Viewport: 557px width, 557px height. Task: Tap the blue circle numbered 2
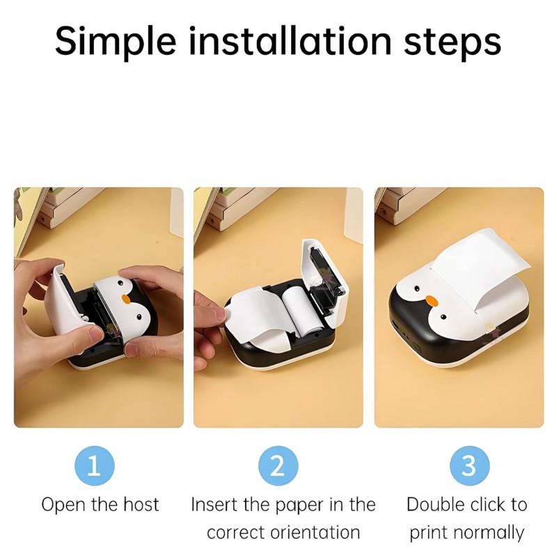tap(278, 465)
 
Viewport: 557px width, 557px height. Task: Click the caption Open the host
tap(100, 505)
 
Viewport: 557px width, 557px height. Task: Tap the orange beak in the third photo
tap(432, 301)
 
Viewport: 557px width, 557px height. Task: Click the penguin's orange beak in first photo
tap(127, 298)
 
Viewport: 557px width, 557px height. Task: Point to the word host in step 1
tap(142, 505)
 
